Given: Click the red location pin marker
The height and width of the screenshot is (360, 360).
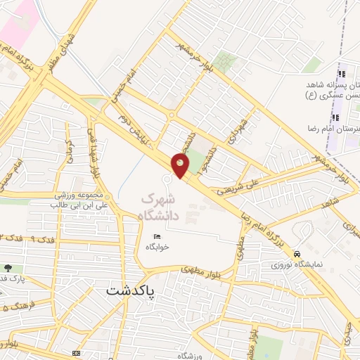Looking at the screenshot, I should coord(181,166).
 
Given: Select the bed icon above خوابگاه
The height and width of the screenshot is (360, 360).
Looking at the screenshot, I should coord(157,236).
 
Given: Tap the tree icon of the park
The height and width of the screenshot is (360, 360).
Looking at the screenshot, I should coord(8,268).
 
